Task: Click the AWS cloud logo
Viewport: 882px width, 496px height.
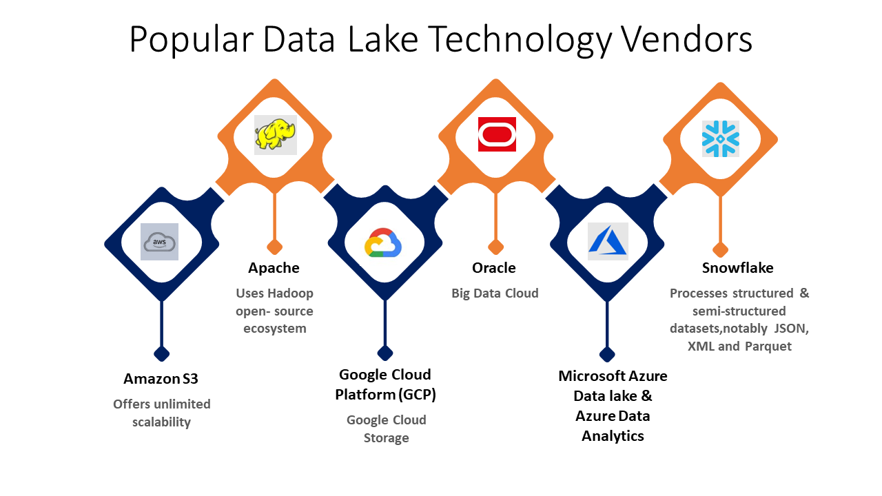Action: coord(159,242)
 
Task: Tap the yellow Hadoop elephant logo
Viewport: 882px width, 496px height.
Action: coord(275,134)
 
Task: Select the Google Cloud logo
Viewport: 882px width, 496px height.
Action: coord(383,242)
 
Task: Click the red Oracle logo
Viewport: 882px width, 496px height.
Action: coord(497,134)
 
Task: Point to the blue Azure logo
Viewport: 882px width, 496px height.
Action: coord(608,242)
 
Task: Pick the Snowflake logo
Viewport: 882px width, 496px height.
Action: coord(720,138)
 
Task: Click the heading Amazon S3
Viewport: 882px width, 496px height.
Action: coord(161,378)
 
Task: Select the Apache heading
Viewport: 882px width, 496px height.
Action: coord(274,267)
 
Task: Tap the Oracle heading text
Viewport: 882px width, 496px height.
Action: coord(493,267)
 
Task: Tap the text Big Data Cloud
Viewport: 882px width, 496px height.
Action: coord(495,293)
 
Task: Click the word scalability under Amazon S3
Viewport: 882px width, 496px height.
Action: coord(161,422)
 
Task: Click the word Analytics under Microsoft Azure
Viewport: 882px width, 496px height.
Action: coord(613,435)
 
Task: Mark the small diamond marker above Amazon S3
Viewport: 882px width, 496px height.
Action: coord(161,353)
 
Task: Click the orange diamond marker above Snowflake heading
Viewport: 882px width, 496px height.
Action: coord(720,249)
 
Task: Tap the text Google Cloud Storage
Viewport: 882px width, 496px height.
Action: coord(386,428)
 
